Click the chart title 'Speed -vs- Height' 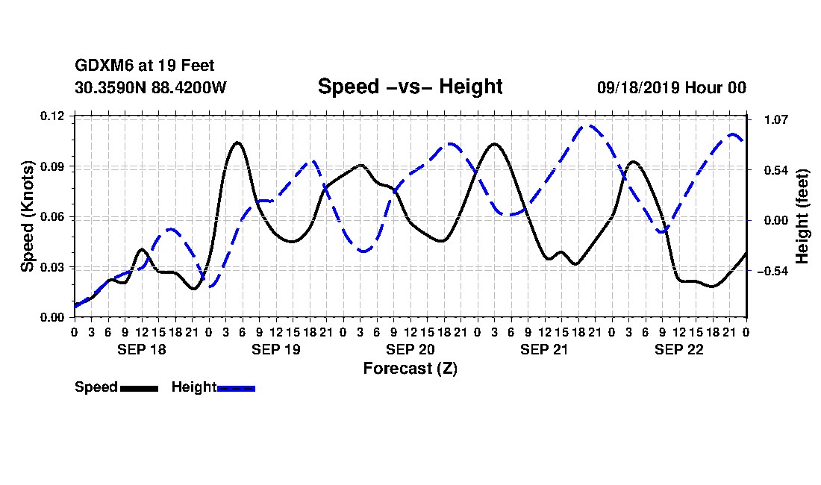click(410, 87)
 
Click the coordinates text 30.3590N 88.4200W click(151, 87)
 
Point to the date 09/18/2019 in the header click(638, 87)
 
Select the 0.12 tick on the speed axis click(52, 116)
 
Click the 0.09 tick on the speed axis click(52, 166)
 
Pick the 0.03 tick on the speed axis click(52, 267)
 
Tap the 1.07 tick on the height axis click(776, 120)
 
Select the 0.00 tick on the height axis click(776, 220)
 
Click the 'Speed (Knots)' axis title click(27, 216)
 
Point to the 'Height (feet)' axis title click(802, 216)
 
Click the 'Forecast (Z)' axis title click(410, 369)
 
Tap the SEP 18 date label click(141, 349)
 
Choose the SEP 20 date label click(410, 349)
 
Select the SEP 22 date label click(678, 349)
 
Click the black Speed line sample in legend click(140, 388)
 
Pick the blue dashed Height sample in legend click(236, 388)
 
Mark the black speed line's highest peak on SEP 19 click(237, 143)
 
